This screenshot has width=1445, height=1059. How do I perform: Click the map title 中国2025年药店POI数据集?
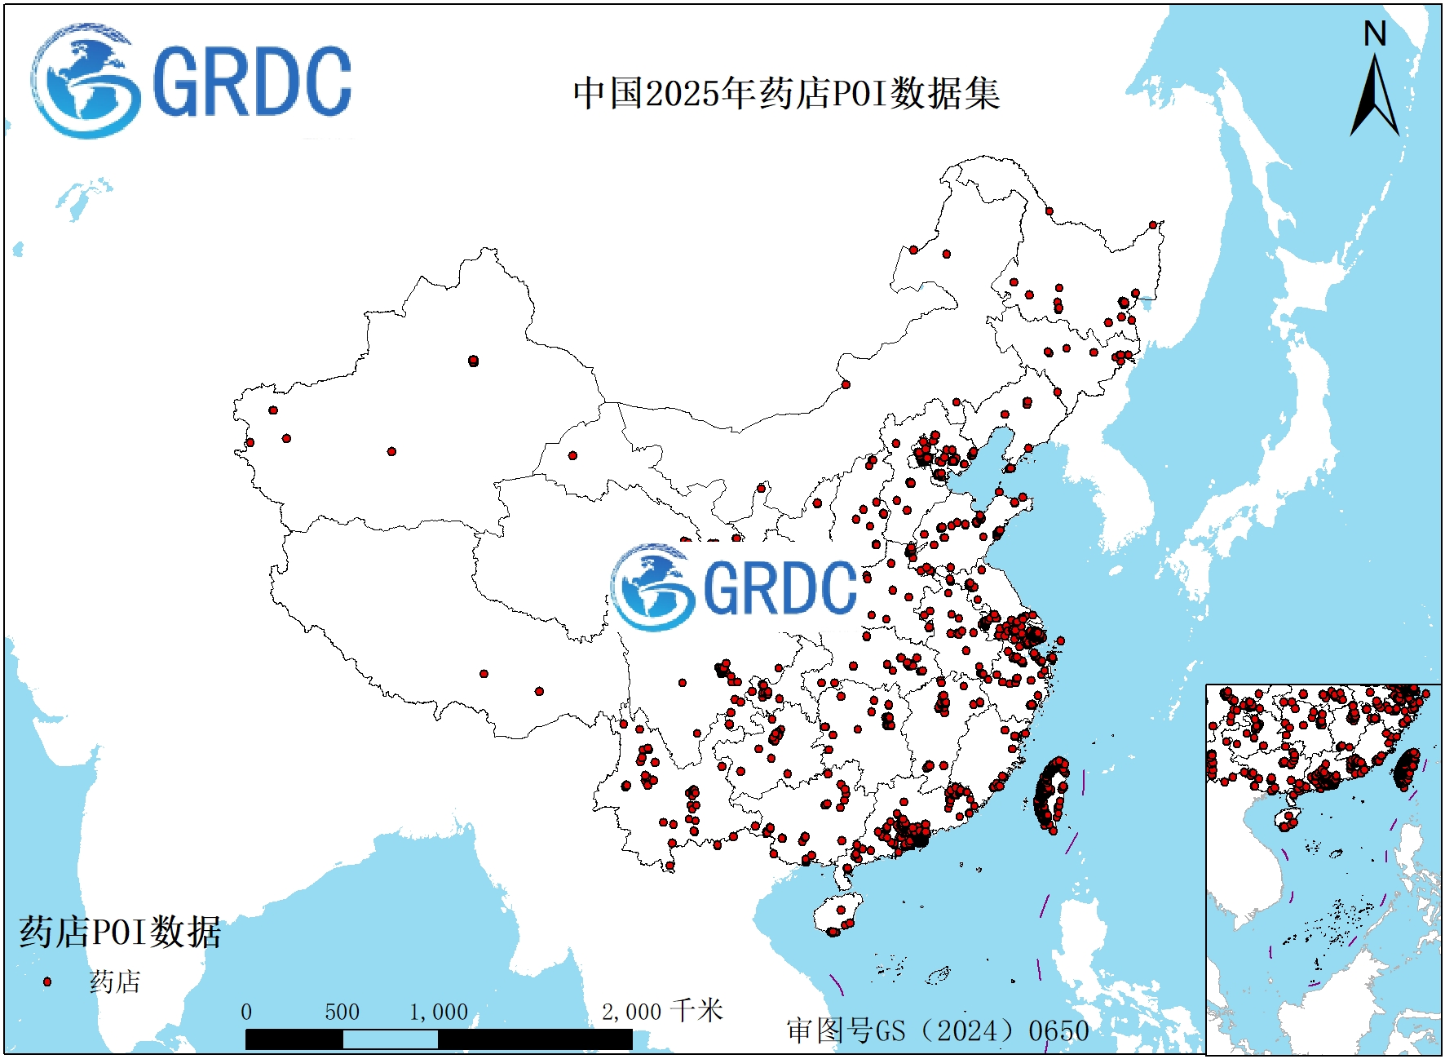(785, 93)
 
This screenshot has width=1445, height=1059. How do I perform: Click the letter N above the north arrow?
(1375, 34)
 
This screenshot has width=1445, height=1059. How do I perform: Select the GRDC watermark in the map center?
(734, 587)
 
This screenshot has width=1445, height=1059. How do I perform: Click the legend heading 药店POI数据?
(120, 932)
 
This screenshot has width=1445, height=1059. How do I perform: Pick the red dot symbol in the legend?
(47, 981)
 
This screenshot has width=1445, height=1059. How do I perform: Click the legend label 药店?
(115, 981)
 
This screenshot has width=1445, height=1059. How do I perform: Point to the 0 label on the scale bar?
(246, 1012)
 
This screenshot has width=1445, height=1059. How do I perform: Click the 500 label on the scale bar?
(342, 1012)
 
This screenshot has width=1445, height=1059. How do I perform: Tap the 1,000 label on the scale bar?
(438, 1012)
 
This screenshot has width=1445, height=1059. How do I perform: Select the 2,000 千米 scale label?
(661, 1012)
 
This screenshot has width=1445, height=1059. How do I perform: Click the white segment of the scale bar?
(390, 1039)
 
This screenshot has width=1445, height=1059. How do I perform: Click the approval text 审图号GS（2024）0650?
(937, 1030)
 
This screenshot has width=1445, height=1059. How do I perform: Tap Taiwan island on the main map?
(1050, 795)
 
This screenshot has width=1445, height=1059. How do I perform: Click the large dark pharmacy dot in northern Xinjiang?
(474, 361)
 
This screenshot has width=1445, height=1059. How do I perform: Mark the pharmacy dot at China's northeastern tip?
(1153, 225)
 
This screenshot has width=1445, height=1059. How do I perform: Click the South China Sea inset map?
(1323, 869)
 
